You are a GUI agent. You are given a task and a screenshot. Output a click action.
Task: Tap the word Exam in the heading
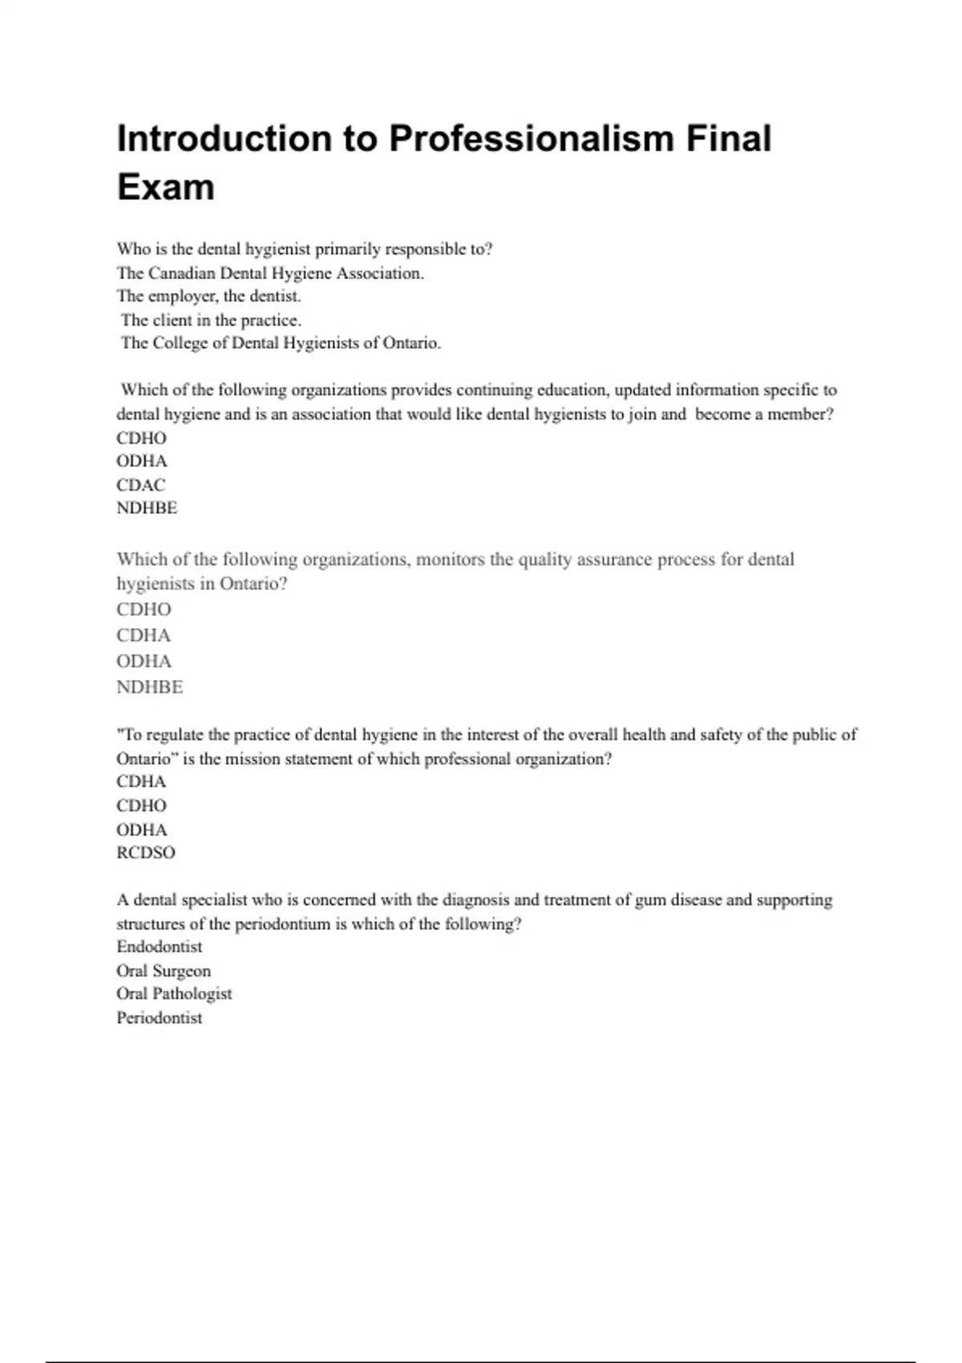point(166,188)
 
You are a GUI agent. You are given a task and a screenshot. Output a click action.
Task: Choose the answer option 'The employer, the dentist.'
point(208,296)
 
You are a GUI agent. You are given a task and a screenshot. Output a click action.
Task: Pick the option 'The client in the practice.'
point(211,320)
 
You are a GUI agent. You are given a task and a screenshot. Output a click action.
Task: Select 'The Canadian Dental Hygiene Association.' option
point(270,273)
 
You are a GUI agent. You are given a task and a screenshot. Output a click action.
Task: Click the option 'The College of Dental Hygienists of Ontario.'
point(281,343)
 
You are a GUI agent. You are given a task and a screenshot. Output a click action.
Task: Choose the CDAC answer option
point(141,484)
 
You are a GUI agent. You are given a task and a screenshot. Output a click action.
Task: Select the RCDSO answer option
point(146,852)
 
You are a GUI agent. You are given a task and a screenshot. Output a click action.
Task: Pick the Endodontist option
point(160,946)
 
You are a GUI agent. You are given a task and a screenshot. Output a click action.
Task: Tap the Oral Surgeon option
point(164,970)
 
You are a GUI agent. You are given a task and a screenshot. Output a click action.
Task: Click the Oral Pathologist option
point(174,993)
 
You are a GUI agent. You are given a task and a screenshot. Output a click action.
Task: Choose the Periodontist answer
point(160,1017)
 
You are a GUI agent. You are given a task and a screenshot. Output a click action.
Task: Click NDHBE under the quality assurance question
point(150,687)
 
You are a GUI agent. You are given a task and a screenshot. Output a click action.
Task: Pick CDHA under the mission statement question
point(141,782)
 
